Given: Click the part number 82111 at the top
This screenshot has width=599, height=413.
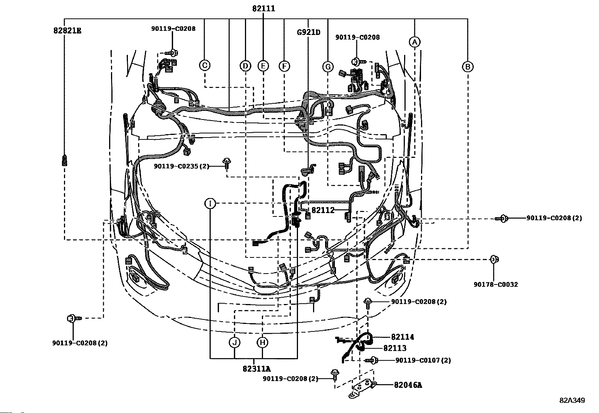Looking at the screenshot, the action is [x=263, y=9].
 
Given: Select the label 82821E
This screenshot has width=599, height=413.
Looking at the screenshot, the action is [x=67, y=31].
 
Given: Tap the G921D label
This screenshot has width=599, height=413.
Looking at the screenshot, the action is [x=309, y=32].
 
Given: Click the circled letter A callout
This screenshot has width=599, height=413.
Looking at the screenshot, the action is [x=415, y=42].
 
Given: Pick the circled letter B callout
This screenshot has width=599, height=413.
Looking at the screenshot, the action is [x=468, y=67].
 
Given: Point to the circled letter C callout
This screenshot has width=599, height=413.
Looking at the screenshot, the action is [x=205, y=65].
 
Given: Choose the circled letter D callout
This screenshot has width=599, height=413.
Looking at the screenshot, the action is [x=245, y=66].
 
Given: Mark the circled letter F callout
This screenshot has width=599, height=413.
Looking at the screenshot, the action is [x=284, y=66].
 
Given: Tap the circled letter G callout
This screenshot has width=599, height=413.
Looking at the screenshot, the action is [x=328, y=67].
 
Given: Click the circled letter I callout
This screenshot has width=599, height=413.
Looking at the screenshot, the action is [x=210, y=204].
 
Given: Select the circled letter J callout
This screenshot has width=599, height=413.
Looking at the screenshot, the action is [x=234, y=342].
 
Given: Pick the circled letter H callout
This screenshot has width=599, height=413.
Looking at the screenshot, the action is [x=262, y=342].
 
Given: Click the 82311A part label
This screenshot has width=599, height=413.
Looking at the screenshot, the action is [x=257, y=369].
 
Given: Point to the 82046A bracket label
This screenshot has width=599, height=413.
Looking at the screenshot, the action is [x=408, y=385].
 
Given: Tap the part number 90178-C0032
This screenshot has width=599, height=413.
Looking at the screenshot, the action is [x=496, y=284].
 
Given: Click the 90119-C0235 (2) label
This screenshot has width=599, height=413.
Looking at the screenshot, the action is [x=181, y=166].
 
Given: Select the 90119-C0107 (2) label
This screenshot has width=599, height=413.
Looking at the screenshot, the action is [x=423, y=360].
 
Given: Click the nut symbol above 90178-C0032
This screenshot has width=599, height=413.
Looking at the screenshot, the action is [x=494, y=259].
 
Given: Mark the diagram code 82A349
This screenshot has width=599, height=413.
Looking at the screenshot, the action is [x=572, y=401].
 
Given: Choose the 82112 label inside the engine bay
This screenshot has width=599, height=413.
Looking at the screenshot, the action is [x=323, y=210].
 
